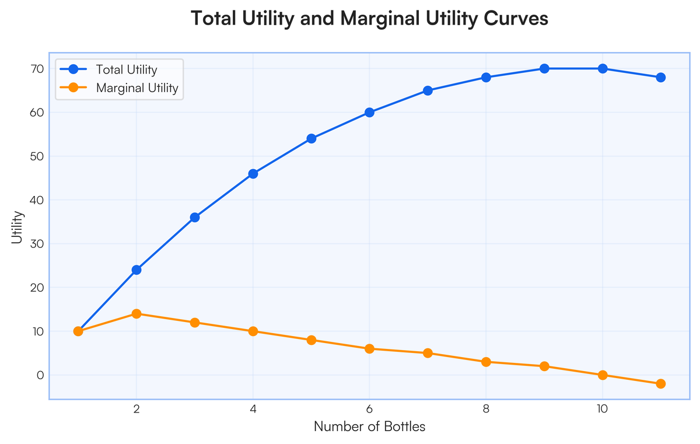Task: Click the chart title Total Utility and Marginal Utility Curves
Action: (370, 19)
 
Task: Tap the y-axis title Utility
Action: (17, 228)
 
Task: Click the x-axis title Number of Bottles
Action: (369, 426)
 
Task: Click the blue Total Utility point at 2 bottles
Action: (136, 270)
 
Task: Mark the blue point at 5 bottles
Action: (311, 139)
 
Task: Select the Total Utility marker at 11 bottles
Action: (661, 78)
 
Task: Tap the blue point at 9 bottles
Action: (544, 69)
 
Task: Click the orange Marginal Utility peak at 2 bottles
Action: (136, 314)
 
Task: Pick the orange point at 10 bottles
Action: (603, 375)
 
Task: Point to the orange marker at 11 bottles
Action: (661, 384)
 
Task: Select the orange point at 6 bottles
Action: (369, 349)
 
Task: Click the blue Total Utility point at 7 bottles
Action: (428, 90)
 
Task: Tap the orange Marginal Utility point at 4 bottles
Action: (253, 331)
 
